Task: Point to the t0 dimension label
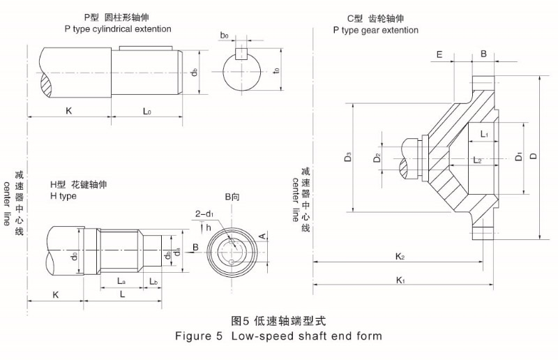coord(277,70)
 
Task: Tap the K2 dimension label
coord(400,256)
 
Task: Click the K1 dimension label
coord(400,280)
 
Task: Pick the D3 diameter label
coord(347,158)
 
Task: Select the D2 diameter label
coord(377,158)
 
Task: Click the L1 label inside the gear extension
coord(484,133)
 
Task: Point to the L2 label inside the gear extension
coord(477,160)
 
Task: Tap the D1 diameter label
coord(518,157)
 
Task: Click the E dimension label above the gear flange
coord(439,54)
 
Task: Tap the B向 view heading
coord(232,198)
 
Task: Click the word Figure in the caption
coord(195,336)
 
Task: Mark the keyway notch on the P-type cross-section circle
coord(241,54)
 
